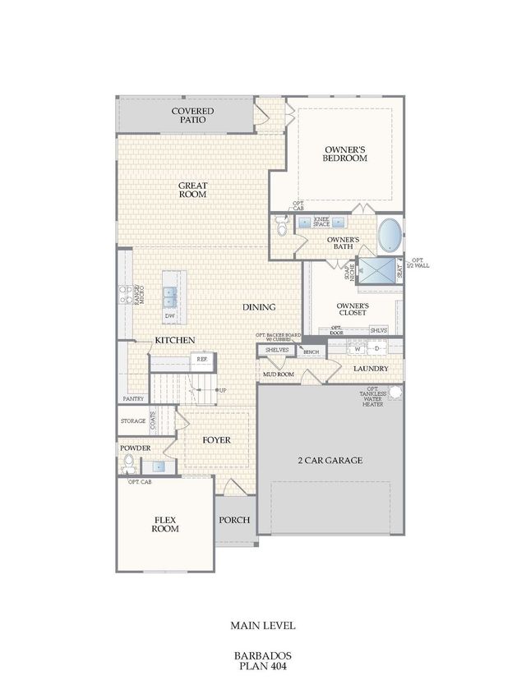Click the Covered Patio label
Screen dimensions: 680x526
click(x=192, y=116)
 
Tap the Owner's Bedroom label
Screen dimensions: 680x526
click(x=344, y=153)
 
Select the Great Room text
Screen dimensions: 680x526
click(x=192, y=191)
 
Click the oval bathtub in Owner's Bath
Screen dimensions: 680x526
click(x=390, y=236)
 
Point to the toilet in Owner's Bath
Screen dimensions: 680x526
click(x=283, y=227)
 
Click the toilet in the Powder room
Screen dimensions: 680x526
click(x=127, y=466)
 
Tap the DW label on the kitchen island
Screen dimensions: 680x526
click(x=170, y=315)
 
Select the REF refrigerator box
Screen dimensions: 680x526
click(x=201, y=359)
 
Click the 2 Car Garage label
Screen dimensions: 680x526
click(x=330, y=461)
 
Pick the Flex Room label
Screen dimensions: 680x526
click(x=165, y=524)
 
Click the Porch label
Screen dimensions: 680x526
click(x=234, y=521)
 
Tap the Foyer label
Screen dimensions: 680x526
click(x=217, y=440)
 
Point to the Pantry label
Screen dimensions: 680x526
click(x=134, y=399)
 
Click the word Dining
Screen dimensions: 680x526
click(x=259, y=307)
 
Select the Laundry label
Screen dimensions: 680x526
click(x=371, y=369)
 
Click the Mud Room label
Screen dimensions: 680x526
click(x=279, y=374)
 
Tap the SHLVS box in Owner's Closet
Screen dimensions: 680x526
click(x=378, y=329)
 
